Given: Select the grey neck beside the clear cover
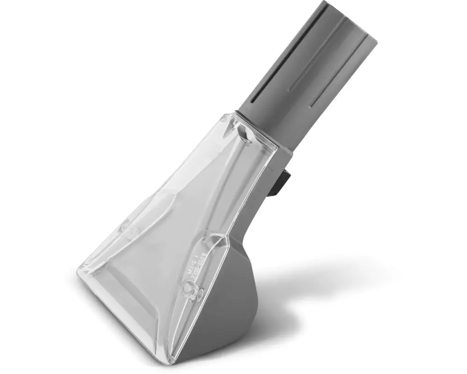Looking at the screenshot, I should [262, 196].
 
